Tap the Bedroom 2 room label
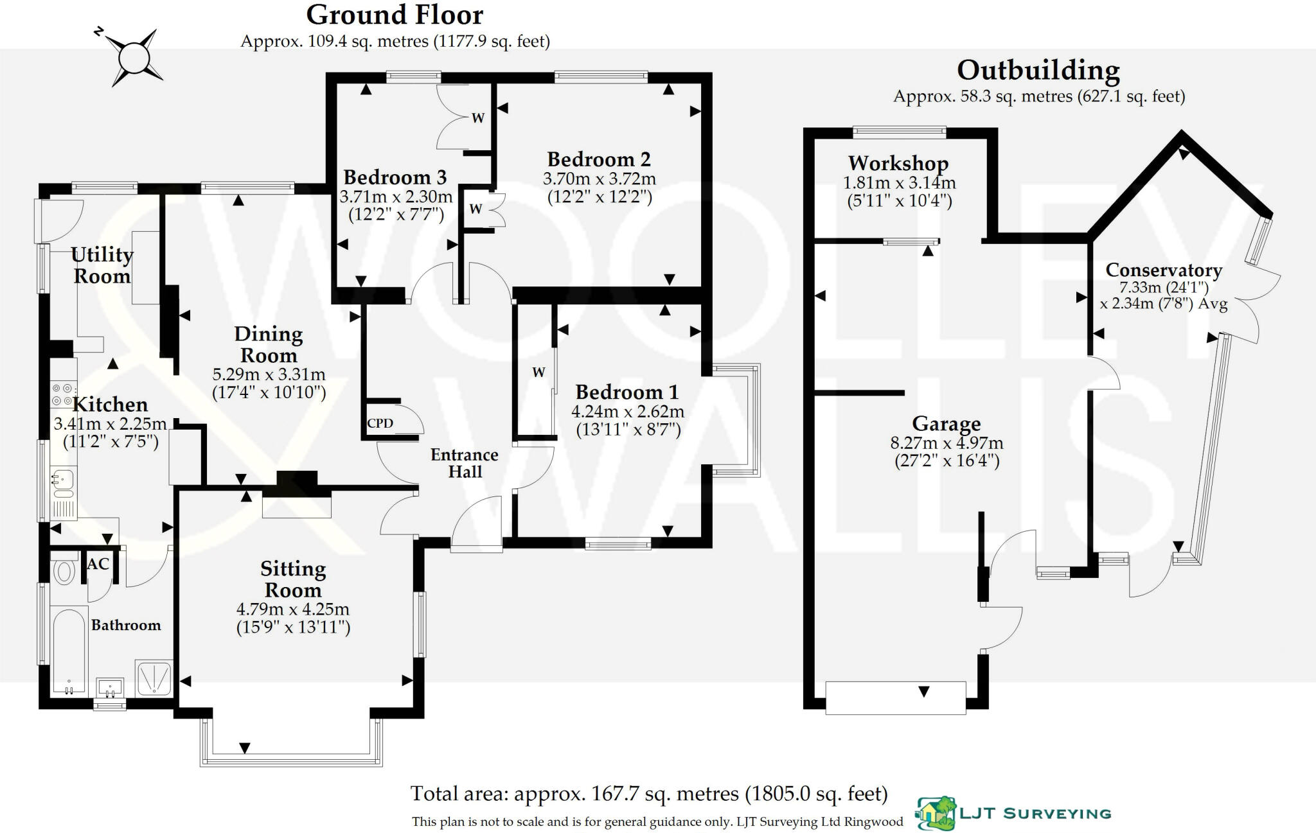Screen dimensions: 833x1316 [x=598, y=159]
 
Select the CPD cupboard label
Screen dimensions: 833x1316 [x=380, y=424]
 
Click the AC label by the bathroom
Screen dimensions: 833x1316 [x=98, y=564]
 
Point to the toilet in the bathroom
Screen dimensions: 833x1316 [x=64, y=571]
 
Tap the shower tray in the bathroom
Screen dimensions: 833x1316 [x=154, y=678]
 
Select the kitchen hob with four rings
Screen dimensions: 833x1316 [x=62, y=394]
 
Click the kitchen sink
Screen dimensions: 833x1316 [x=63, y=483]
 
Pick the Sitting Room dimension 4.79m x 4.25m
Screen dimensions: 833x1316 [x=293, y=609]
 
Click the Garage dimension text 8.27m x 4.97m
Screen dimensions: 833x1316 [x=947, y=443]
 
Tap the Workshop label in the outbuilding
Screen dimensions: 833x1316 [x=898, y=163]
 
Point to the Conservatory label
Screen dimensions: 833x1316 [x=1163, y=270]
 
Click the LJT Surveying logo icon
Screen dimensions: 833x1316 [x=936, y=814]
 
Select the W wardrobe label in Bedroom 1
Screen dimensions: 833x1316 [x=538, y=373]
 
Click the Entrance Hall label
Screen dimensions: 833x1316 [x=464, y=463]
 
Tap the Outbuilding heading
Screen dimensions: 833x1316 [x=1038, y=71]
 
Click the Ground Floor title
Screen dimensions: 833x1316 [x=395, y=15]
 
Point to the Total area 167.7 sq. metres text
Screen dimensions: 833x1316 [x=649, y=794]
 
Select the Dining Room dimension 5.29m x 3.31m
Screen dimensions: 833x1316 [x=269, y=374]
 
